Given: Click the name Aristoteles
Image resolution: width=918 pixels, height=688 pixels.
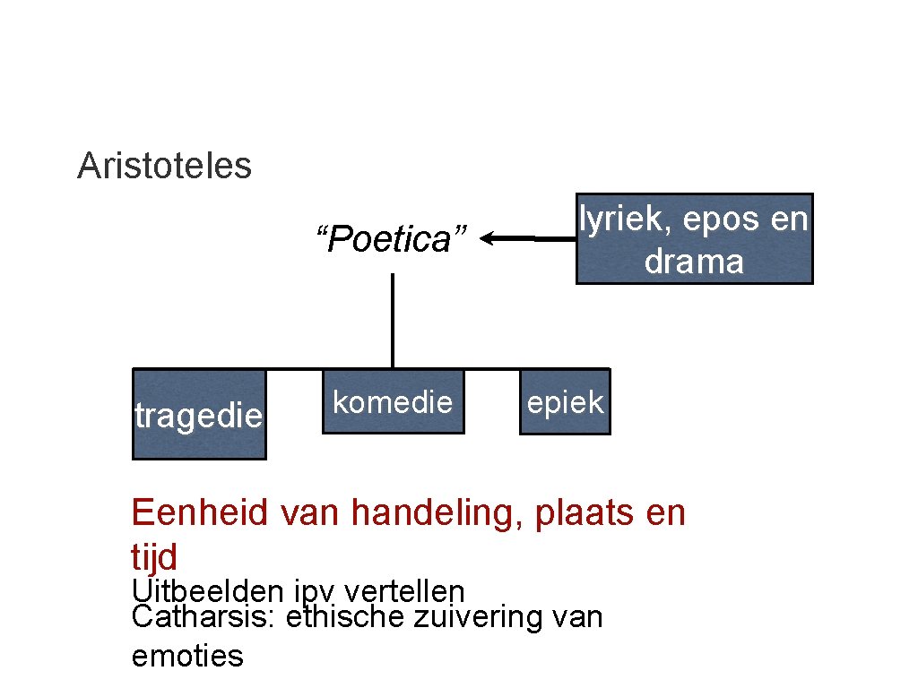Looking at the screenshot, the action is [164, 166].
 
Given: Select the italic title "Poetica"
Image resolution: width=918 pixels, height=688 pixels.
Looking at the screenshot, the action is [392, 240].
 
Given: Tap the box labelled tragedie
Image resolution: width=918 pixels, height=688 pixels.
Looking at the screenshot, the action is [199, 414].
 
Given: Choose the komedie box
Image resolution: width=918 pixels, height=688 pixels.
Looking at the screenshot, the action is [393, 402].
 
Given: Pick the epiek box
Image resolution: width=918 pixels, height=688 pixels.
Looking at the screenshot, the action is [565, 402].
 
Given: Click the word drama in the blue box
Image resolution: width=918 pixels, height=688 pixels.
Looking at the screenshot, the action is [694, 262].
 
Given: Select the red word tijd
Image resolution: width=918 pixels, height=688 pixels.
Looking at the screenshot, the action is [154, 557].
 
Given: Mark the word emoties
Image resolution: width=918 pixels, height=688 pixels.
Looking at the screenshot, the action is [187, 656].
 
